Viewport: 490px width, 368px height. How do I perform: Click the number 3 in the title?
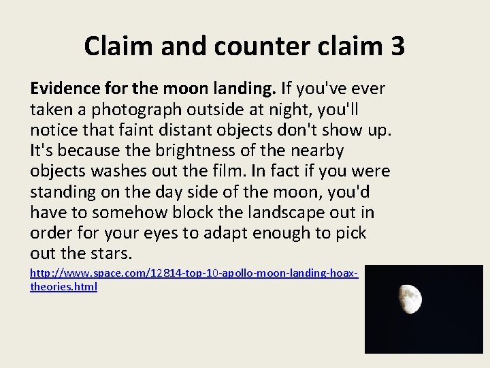click(397, 46)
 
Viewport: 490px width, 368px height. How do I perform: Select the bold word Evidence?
click(65, 89)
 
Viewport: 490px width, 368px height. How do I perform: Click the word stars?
click(109, 254)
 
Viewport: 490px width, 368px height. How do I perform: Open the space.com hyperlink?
click(194, 273)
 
